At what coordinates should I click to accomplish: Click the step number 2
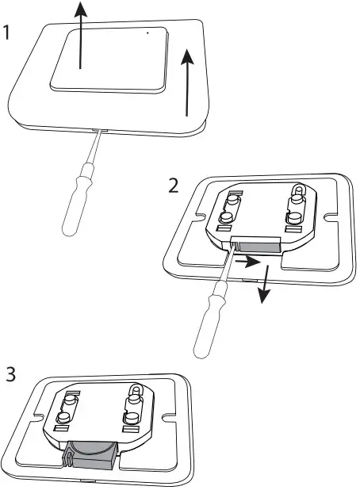[174, 187]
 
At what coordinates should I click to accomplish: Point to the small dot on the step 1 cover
[147, 33]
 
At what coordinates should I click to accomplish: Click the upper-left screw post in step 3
[68, 403]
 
